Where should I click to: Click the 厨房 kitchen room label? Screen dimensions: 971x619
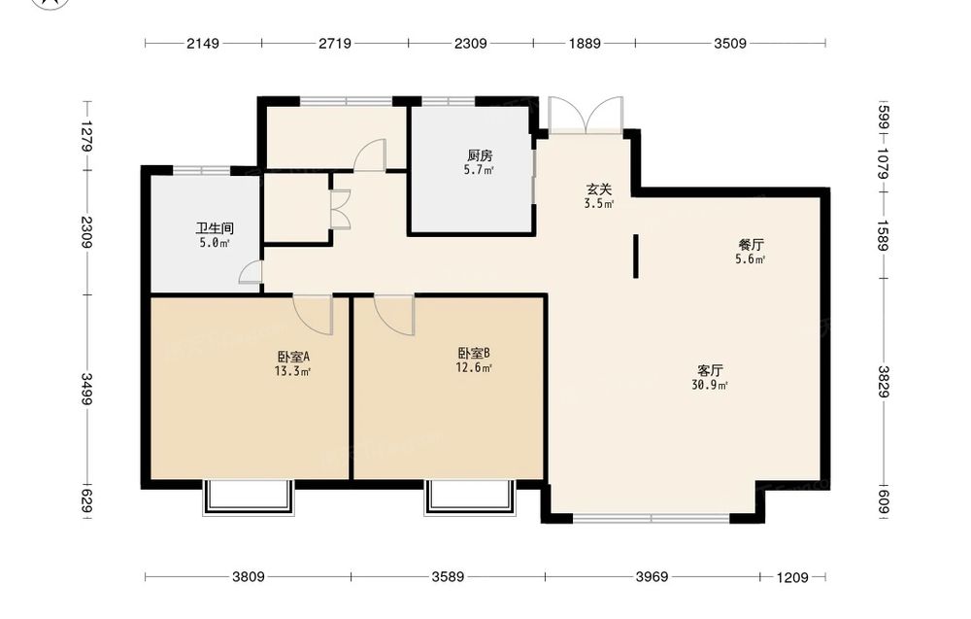480,155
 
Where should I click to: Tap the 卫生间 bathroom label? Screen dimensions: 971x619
215,228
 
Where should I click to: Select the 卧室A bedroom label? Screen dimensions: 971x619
293,357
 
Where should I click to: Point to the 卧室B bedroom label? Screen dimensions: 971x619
475,353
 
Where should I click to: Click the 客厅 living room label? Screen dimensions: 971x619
710,370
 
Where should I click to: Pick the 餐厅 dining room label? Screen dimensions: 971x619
751,245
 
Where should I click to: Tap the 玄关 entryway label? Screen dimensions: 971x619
599,189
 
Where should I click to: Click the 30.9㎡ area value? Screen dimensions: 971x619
710,386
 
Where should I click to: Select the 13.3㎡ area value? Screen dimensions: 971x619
293,372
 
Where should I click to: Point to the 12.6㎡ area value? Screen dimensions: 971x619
475,368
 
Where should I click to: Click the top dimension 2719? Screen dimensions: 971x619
335,44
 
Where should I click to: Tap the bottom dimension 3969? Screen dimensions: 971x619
653,577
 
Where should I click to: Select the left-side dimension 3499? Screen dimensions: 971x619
86,389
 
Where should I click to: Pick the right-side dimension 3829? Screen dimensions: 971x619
883,382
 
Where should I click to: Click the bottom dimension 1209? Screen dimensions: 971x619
792,577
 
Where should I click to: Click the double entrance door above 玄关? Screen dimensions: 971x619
586,116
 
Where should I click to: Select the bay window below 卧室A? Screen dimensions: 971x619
249,498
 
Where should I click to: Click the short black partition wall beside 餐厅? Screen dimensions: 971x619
635,256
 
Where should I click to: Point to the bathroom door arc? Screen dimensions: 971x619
251,272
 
